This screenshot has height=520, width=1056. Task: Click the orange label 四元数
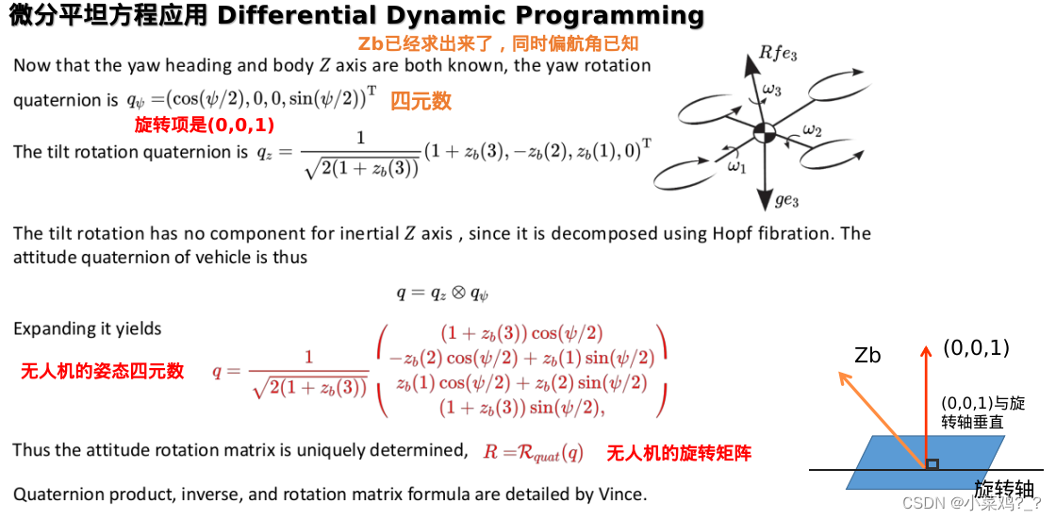point(421,100)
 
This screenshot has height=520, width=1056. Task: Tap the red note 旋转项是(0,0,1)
point(204,125)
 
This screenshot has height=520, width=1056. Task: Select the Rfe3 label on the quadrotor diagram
point(778,55)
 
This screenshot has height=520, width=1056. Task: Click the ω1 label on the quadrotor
point(736,166)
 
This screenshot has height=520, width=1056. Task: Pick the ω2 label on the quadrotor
point(812,129)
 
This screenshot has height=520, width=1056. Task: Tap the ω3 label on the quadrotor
point(771,90)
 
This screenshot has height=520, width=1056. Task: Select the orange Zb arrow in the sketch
point(881,418)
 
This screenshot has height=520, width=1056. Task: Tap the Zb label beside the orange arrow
point(866,355)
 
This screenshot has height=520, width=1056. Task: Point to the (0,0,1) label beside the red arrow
point(976,348)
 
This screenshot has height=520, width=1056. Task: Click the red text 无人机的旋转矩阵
point(679,453)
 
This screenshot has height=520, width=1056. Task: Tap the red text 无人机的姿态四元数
point(102,371)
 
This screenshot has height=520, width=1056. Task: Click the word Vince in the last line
point(621,494)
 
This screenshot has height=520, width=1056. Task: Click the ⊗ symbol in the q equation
point(456,293)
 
